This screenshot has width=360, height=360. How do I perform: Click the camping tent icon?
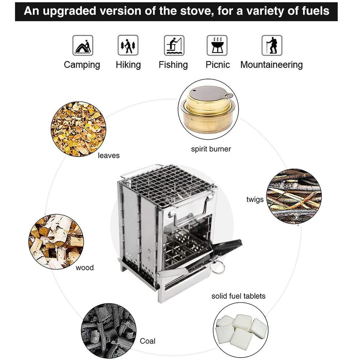pyautogui.click(x=83, y=45)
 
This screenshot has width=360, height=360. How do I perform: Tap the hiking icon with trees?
pyautogui.click(x=128, y=45)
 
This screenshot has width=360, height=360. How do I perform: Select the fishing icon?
pyautogui.click(x=174, y=45)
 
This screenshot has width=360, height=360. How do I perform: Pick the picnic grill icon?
pyautogui.click(x=217, y=45)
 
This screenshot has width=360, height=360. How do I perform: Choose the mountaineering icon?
pyautogui.click(x=272, y=45)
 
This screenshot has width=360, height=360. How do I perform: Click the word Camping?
pyautogui.click(x=82, y=65)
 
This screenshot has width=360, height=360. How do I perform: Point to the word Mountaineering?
pyautogui.click(x=271, y=65)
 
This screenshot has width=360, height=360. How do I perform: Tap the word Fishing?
pyautogui.click(x=173, y=65)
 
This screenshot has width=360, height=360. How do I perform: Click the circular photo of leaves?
pyautogui.click(x=78, y=129)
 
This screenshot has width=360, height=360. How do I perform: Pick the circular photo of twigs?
pyautogui.click(x=294, y=196)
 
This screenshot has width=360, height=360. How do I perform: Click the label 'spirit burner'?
pyautogui.click(x=211, y=149)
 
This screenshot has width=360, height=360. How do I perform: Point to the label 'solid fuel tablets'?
pyautogui.click(x=238, y=296)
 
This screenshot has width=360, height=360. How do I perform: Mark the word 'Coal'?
pyautogui.click(x=147, y=341)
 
